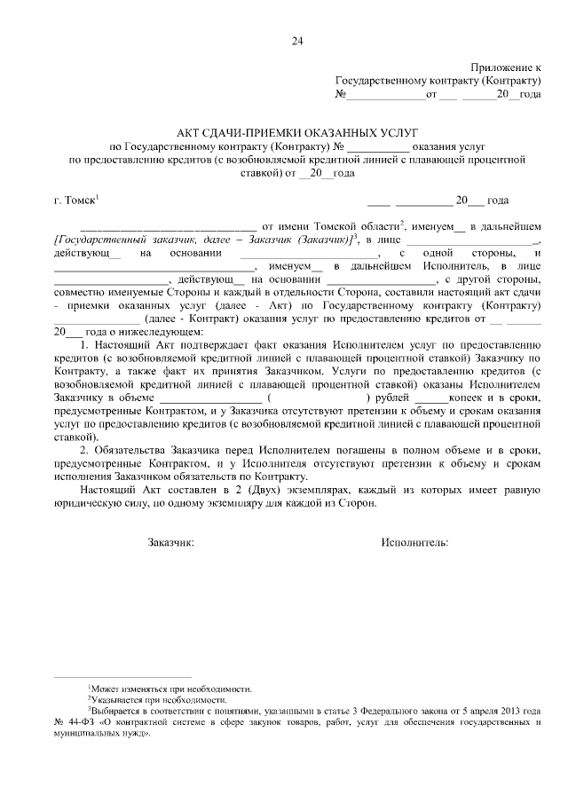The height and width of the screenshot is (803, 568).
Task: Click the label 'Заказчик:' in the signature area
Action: [170, 541]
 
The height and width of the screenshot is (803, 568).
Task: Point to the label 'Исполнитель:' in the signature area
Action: [414, 541]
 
